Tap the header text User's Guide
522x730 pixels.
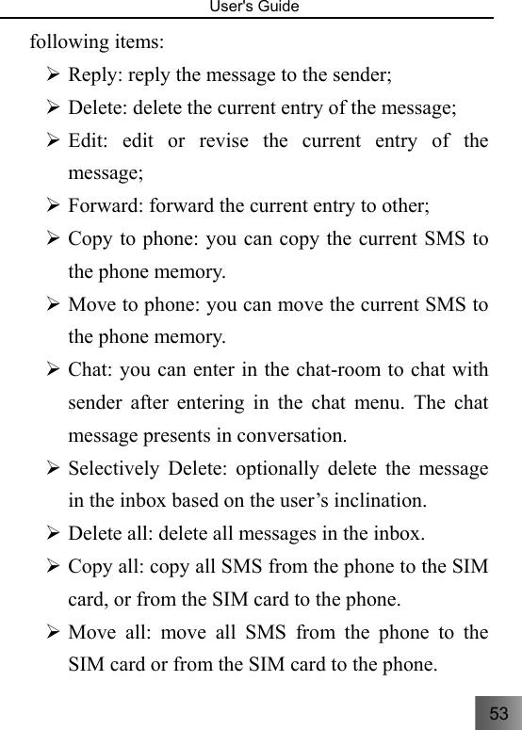click(261, 8)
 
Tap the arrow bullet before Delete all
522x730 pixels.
click(55, 534)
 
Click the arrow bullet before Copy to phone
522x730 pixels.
click(55, 239)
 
